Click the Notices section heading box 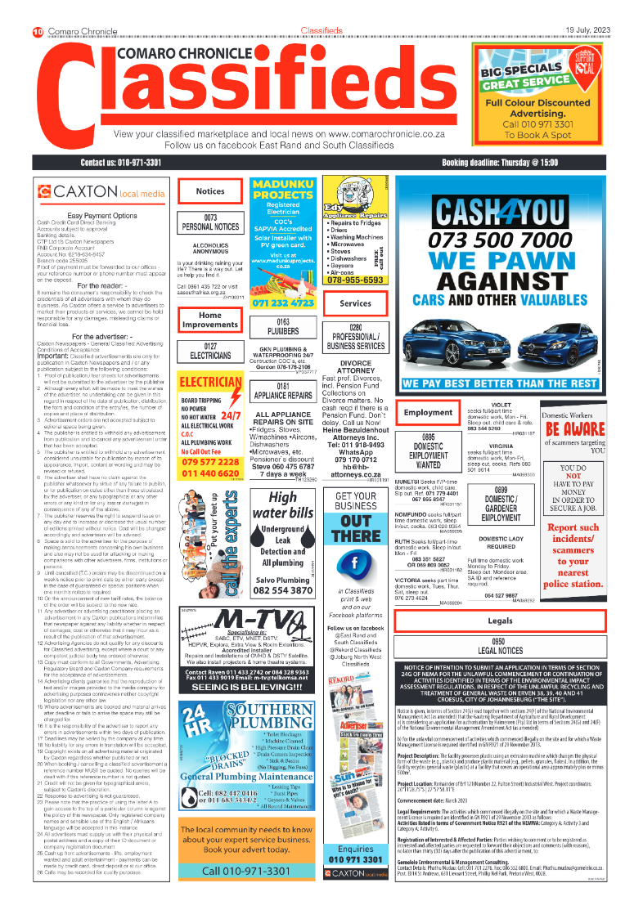(x=210, y=191)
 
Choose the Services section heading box (x=355, y=303)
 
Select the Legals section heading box (x=524, y=621)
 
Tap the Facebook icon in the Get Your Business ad (x=356, y=563)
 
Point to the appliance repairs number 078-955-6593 (x=355, y=280)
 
